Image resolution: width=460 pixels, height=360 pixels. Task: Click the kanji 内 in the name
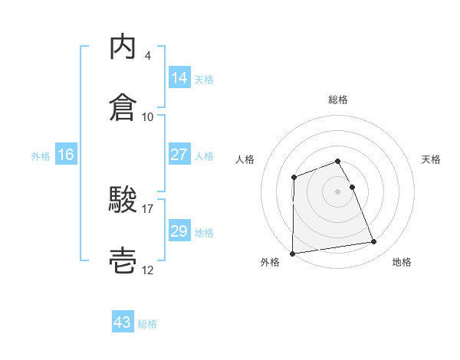point(124,47)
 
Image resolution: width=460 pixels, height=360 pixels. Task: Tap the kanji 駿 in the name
point(124,200)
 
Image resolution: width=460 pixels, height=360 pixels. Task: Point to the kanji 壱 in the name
point(124,260)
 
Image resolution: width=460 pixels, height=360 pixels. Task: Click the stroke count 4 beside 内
point(148,56)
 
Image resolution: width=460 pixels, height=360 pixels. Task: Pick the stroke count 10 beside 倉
point(148,116)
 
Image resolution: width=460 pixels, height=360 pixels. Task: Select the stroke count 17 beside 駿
point(148,208)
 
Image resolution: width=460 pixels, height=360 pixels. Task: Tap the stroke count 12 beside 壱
point(148,270)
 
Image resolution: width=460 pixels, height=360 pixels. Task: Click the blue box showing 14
point(179,78)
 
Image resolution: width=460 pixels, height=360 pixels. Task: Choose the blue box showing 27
point(179,155)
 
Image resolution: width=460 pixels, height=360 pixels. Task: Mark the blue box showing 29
point(179,231)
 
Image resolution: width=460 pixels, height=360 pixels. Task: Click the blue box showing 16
point(66,155)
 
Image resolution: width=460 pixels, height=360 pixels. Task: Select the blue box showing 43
point(123,323)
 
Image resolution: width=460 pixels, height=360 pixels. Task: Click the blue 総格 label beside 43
point(147,324)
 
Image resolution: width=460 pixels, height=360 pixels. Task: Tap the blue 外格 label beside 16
point(41,155)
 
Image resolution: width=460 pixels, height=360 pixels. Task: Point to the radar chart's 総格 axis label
point(338,100)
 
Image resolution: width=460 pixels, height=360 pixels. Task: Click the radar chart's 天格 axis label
point(432,159)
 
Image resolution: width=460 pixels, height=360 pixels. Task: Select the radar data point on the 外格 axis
point(292,254)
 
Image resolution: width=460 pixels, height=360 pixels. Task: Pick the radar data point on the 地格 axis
point(374,242)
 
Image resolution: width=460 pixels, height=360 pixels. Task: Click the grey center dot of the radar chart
point(338,191)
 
